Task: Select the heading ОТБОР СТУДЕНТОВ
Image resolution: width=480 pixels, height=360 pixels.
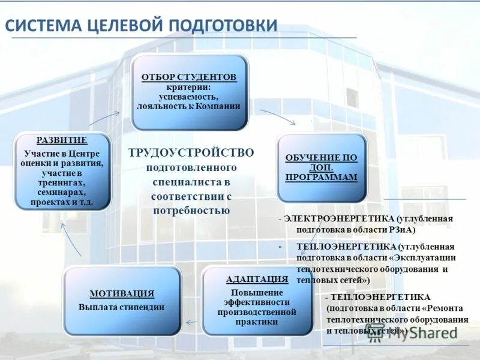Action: click(189, 77)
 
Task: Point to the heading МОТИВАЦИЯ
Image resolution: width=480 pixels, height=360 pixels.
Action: click(122, 293)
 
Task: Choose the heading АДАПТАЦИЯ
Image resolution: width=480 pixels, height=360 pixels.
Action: click(257, 279)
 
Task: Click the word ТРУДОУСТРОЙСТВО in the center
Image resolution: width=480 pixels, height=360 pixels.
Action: click(191, 152)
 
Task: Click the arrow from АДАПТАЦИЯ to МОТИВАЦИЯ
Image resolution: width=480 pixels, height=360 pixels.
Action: click(191, 322)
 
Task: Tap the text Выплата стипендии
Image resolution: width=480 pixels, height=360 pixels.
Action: click(121, 307)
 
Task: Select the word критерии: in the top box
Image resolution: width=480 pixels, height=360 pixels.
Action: click(188, 87)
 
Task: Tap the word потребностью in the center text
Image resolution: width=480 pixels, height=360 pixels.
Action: click(191, 211)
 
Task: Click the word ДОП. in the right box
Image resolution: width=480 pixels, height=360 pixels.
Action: click(321, 167)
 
